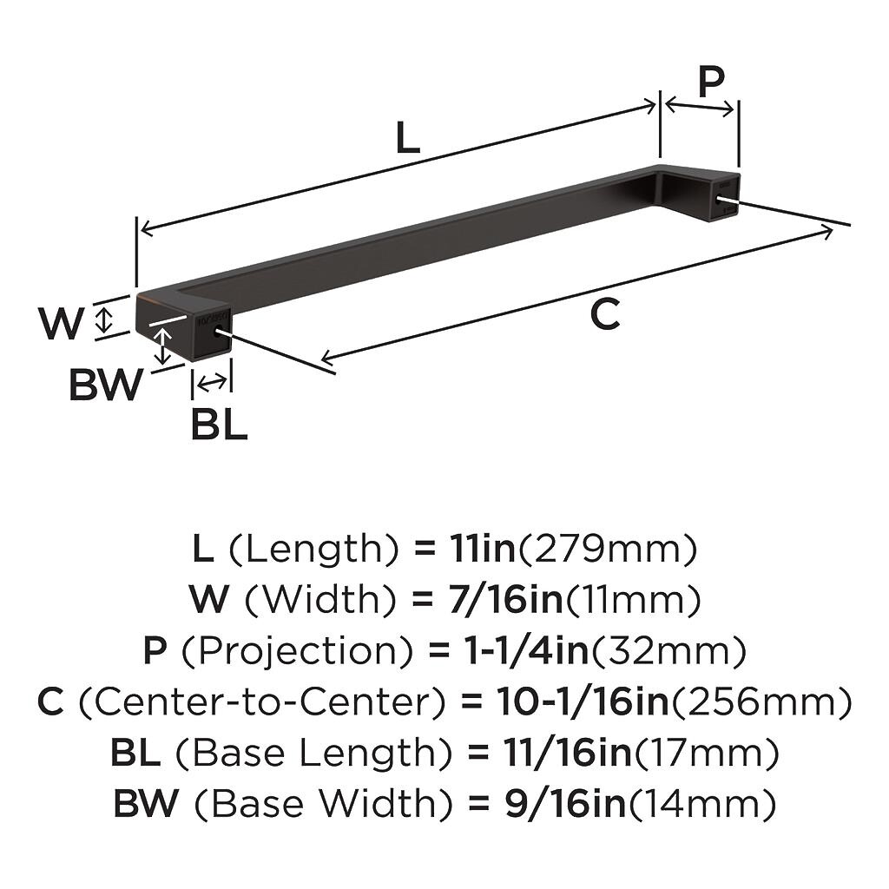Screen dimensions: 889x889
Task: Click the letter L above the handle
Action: pos(407,137)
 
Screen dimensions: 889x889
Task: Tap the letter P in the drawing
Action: pos(711,82)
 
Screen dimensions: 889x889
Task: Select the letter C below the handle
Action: pos(605,314)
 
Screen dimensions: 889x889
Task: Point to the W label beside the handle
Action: pos(61,323)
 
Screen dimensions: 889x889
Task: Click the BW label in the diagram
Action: pos(106,385)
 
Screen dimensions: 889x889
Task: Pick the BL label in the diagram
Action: pos(219,425)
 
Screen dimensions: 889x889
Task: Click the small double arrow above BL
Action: pos(212,384)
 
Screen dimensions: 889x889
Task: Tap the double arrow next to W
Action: pos(102,319)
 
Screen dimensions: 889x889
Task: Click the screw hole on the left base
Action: pos(217,332)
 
